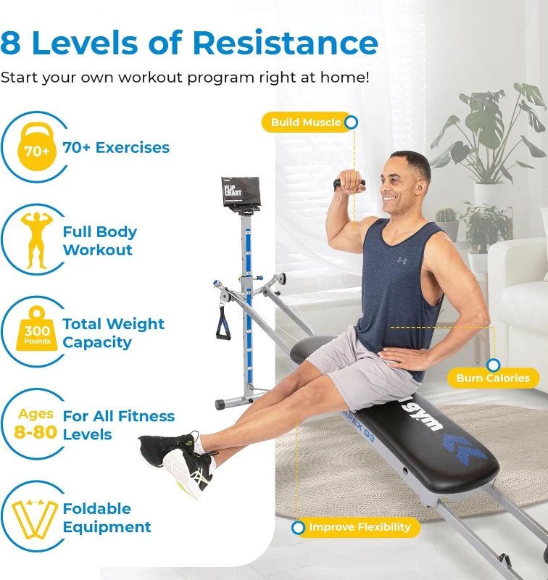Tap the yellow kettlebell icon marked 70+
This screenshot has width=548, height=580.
(x=36, y=149)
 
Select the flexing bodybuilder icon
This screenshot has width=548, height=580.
(x=36, y=240)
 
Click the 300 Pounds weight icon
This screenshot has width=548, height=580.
(x=36, y=332)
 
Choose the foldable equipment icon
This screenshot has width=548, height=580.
(x=35, y=518)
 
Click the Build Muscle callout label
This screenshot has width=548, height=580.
(x=305, y=123)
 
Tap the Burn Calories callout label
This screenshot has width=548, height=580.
(x=492, y=378)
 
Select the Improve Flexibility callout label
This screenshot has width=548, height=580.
(x=360, y=527)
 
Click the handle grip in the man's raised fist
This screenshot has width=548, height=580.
(x=349, y=184)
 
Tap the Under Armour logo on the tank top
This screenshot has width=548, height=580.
(x=402, y=260)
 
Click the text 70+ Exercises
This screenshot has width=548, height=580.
(x=116, y=148)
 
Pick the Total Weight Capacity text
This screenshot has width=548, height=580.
(x=113, y=333)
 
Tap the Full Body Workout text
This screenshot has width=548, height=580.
(x=99, y=241)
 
